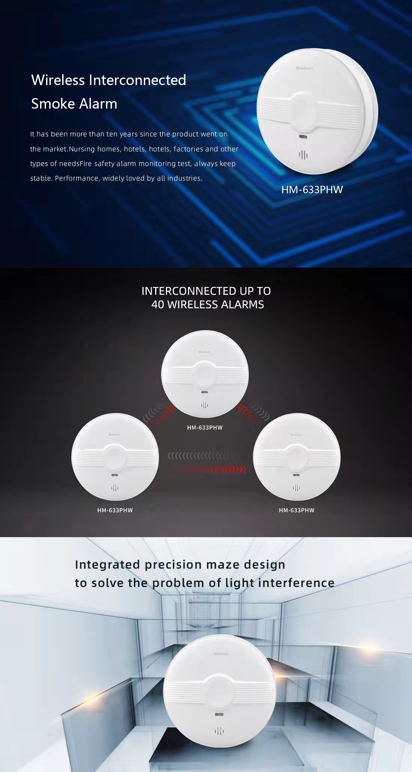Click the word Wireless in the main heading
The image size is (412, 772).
click(x=58, y=80)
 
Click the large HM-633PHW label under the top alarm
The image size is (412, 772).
click(x=312, y=190)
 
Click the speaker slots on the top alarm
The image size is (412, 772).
click(x=303, y=155)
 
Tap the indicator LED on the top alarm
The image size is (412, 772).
click(x=303, y=136)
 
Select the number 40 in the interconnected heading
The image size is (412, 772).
click(x=158, y=305)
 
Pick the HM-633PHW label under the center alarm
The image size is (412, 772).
click(x=205, y=427)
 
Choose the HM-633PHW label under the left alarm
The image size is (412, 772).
click(x=115, y=510)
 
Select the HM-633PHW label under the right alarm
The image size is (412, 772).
click(x=297, y=510)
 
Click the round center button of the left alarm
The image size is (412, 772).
click(x=115, y=457)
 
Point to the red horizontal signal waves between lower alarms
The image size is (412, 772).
click(x=213, y=469)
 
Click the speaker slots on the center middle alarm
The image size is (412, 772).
click(x=205, y=405)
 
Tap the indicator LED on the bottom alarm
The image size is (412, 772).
click(x=219, y=714)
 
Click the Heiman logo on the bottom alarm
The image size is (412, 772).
click(x=221, y=654)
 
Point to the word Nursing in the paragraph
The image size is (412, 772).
click(x=82, y=149)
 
